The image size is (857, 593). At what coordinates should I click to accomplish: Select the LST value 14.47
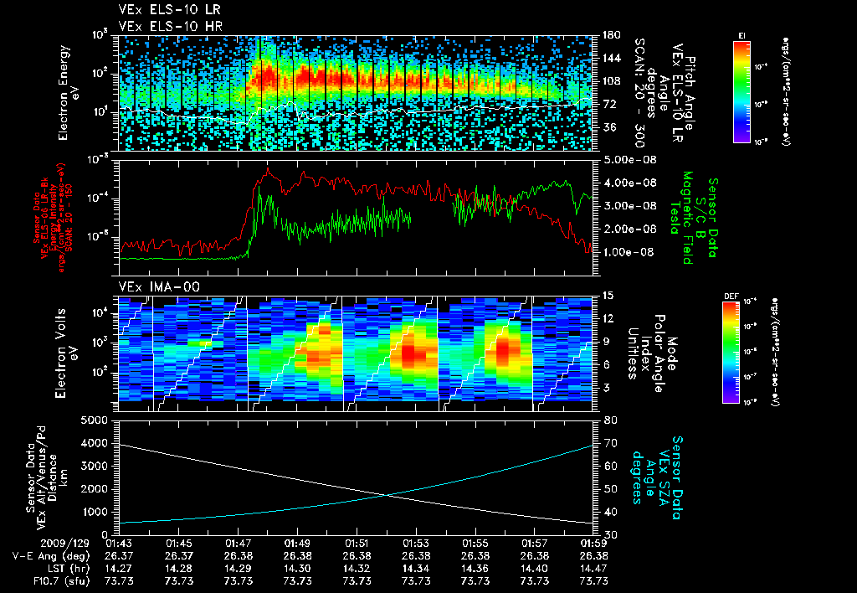[x=593, y=568]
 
